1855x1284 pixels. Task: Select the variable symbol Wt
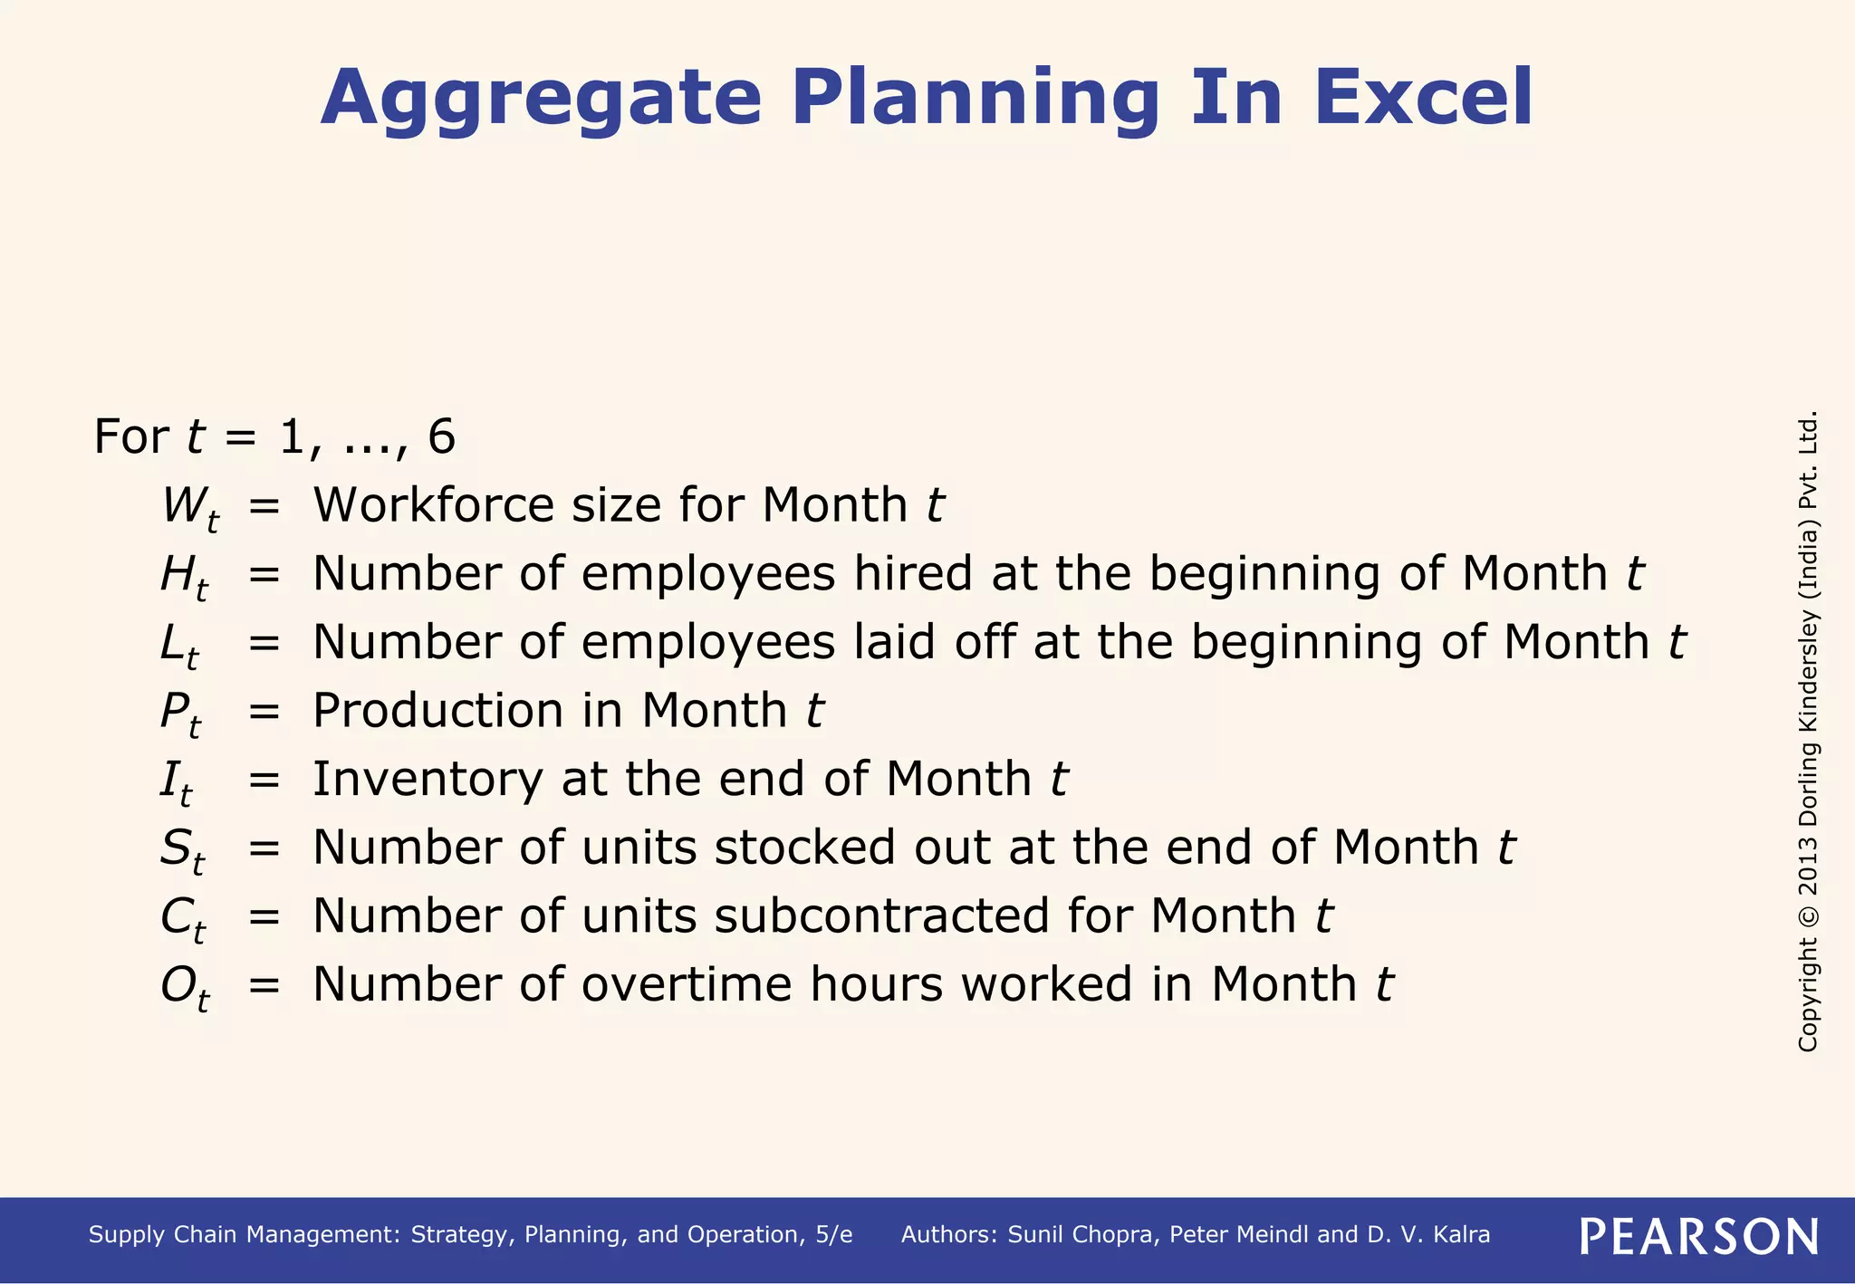tap(189, 508)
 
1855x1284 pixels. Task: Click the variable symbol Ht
tap(184, 577)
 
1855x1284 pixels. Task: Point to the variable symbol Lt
tap(179, 646)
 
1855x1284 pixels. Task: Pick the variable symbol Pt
tap(180, 714)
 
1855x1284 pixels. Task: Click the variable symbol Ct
tap(182, 919)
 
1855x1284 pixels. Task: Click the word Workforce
tap(432, 504)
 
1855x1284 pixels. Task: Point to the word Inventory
tap(428, 779)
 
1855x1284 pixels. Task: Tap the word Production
tap(437, 710)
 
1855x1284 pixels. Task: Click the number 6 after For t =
tap(441, 436)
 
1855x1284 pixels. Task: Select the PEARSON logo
tap(1699, 1236)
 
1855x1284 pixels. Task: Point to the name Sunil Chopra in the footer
tap(1081, 1235)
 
